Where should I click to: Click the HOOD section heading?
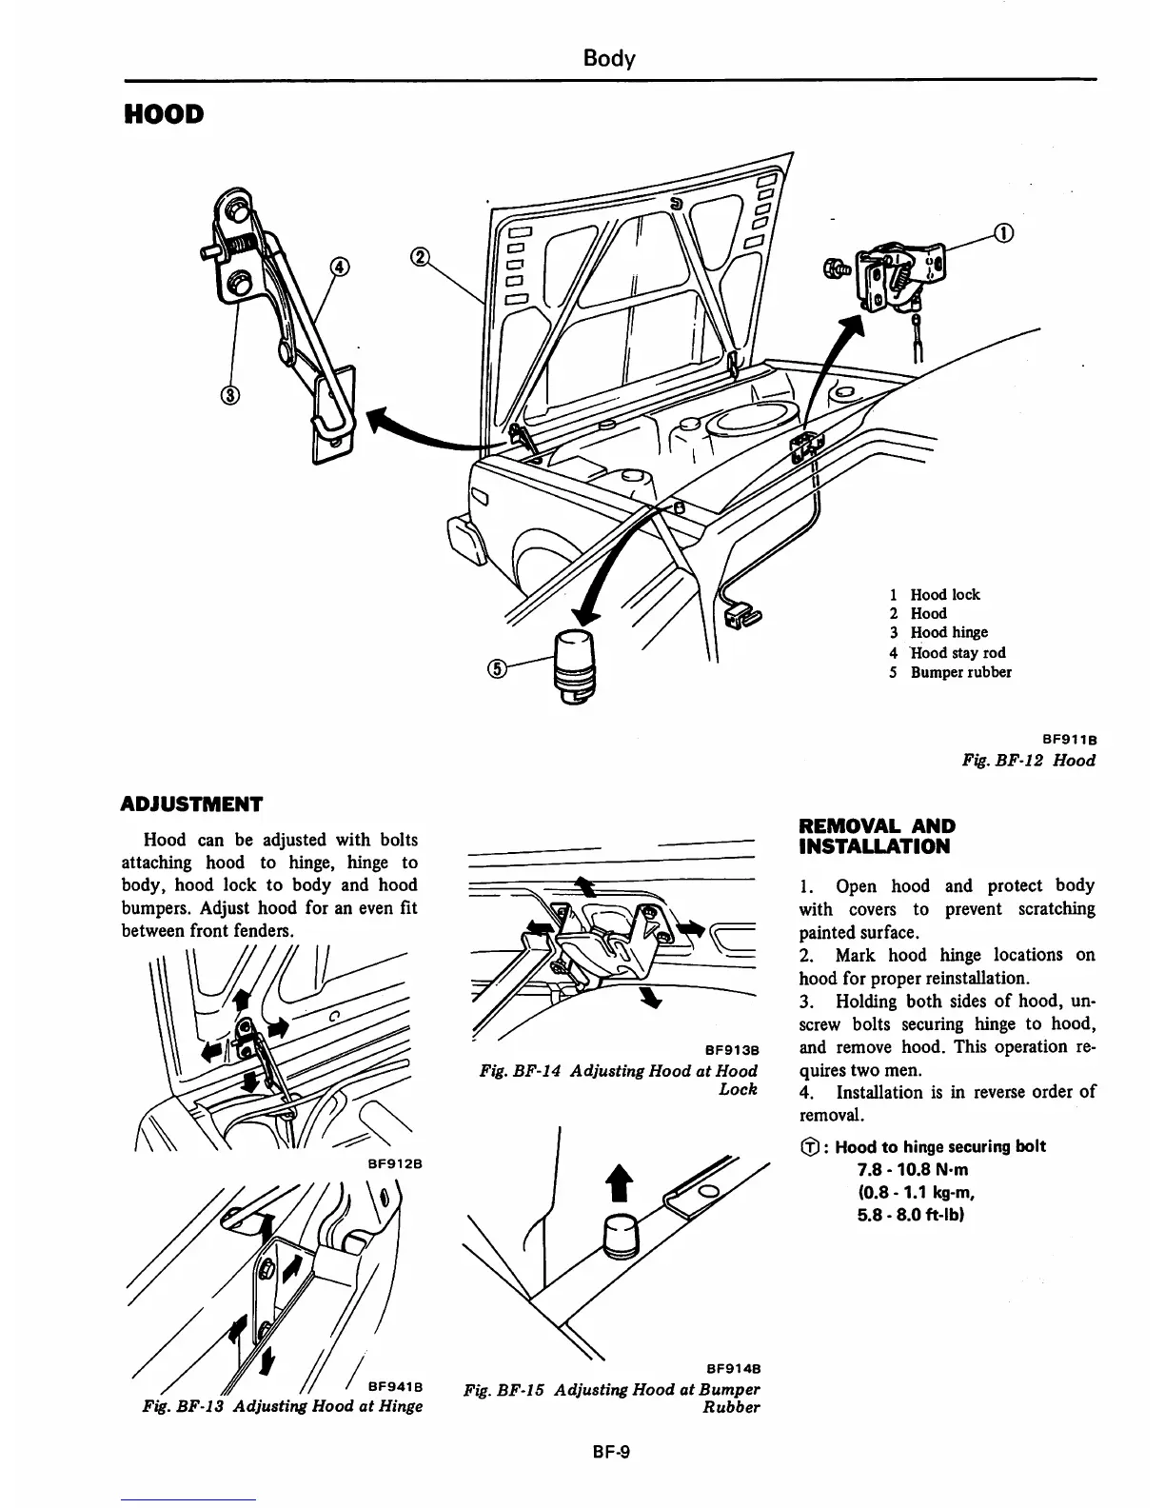pos(164,115)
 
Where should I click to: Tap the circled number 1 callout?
pos(1003,232)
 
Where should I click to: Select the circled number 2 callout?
pos(419,256)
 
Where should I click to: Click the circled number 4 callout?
pos(337,268)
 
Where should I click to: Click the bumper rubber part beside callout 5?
pos(574,663)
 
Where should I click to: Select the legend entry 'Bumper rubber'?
pos(960,672)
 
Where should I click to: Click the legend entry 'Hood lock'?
pos(944,595)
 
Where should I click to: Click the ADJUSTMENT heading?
pos(192,804)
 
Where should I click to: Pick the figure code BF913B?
pos(730,1051)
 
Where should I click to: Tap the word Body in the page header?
pos(608,59)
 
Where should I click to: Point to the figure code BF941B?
pos(395,1386)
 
